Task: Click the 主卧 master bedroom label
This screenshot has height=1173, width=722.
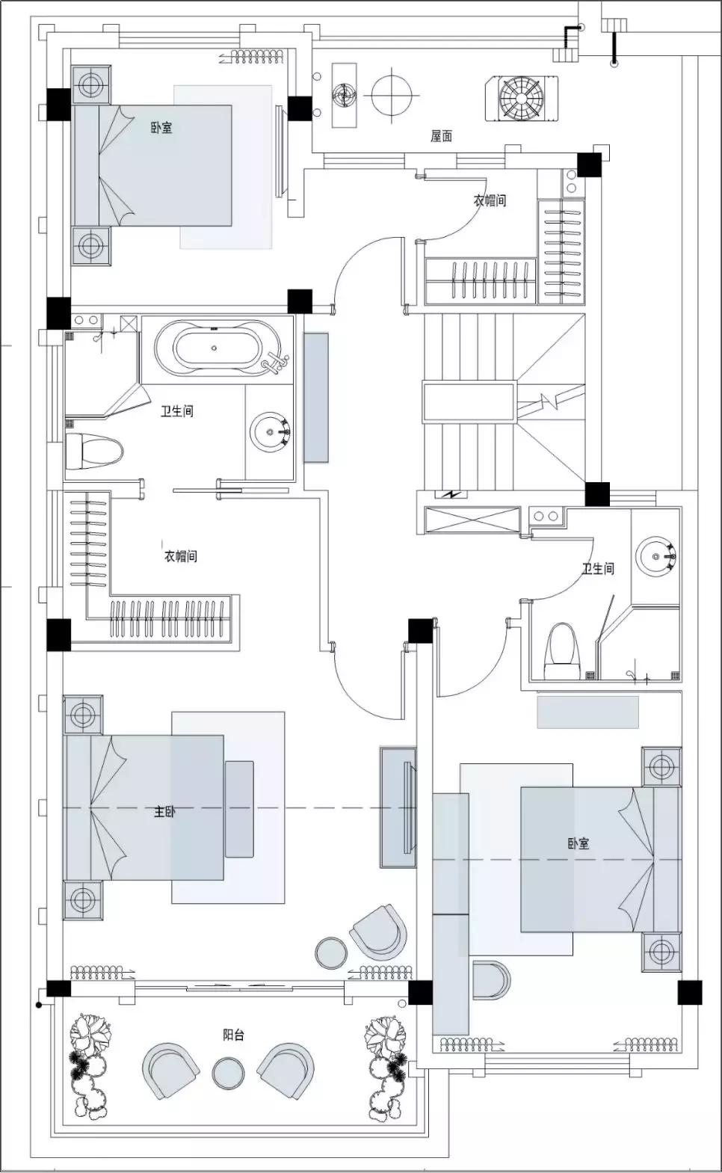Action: [164, 811]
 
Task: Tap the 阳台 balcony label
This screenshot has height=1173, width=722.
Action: [233, 1035]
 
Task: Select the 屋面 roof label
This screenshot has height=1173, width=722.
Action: [441, 136]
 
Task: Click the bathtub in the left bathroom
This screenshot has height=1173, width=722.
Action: [215, 348]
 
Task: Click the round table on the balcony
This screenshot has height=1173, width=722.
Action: [228, 1073]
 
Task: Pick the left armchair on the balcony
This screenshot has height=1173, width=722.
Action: [170, 1069]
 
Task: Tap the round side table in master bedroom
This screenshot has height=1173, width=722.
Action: [330, 952]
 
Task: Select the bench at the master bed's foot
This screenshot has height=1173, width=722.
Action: [239, 809]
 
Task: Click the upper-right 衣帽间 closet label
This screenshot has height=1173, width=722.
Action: [490, 200]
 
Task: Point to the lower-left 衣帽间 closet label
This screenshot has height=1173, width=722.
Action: [181, 556]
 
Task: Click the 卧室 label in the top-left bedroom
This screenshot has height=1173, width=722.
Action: [161, 128]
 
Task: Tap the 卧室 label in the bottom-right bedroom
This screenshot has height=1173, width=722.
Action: [578, 843]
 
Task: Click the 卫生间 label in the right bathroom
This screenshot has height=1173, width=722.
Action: [598, 569]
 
